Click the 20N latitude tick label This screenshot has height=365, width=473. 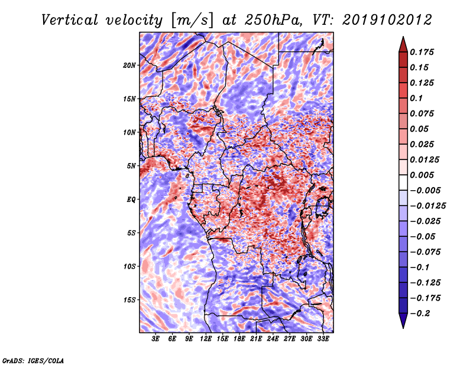(129, 66)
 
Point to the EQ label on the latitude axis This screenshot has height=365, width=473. (131, 200)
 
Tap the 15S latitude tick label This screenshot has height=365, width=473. (129, 300)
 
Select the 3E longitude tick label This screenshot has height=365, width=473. (155, 339)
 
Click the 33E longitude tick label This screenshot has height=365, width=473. (323, 339)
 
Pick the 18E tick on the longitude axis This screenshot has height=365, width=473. (239, 339)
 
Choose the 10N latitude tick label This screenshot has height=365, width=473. (129, 132)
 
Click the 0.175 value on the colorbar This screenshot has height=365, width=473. (422, 52)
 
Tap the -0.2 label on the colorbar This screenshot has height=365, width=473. (420, 314)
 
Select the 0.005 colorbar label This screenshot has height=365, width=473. (422, 175)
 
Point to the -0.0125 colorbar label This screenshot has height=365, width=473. (427, 206)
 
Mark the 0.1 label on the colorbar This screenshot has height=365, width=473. (416, 98)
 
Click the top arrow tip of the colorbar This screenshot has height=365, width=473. (403, 37)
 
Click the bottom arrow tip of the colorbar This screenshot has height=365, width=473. (403, 328)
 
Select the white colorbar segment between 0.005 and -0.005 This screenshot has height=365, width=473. (403, 182)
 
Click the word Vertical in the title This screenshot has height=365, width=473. (70, 20)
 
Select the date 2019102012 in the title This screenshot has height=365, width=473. (387, 20)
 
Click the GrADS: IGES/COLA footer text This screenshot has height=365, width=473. (33, 360)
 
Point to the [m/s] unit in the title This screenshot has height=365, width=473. (192, 21)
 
